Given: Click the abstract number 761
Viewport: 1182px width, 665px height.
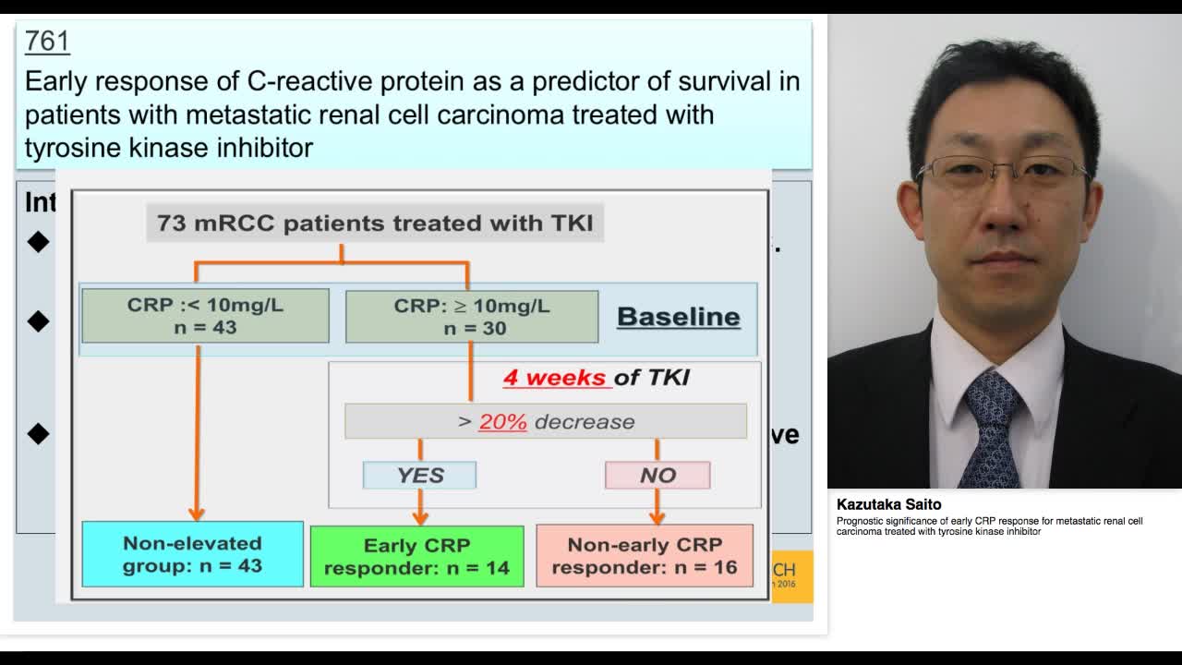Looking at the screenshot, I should pos(47,41).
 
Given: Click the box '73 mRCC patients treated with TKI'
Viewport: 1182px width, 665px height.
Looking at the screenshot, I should pos(375,223).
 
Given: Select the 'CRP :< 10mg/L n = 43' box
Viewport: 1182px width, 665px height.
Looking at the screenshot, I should pos(205,316).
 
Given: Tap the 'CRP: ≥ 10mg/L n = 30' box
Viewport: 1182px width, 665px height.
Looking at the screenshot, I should pos(472,316).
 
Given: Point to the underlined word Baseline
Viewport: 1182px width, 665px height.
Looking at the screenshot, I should pos(678,317).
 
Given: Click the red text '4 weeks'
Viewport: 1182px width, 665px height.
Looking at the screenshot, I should pos(554,377).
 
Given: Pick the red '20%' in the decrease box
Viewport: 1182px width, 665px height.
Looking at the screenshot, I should pos(502,421).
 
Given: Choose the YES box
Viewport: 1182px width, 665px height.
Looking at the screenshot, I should pos(420,475).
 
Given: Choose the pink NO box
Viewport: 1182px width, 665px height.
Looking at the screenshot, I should pos(657,475).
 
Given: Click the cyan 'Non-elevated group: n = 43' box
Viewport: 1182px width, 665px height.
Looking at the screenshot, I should pos(192,554).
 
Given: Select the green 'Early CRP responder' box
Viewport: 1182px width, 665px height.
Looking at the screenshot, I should pos(416,556).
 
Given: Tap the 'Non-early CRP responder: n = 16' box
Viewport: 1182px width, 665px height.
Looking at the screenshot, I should pos(645,556).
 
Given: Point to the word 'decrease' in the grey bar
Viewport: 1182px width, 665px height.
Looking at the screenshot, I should pos(585,421).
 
